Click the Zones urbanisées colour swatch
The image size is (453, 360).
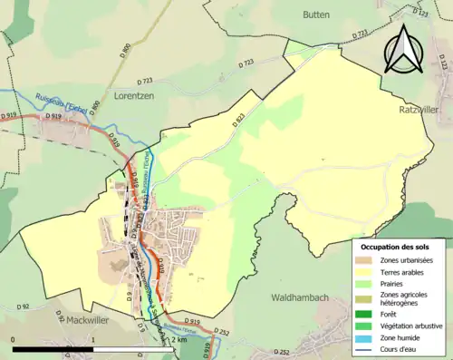365,261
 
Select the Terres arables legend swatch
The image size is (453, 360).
365,272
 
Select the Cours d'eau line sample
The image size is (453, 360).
365,346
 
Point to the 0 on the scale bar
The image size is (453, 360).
14,339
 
